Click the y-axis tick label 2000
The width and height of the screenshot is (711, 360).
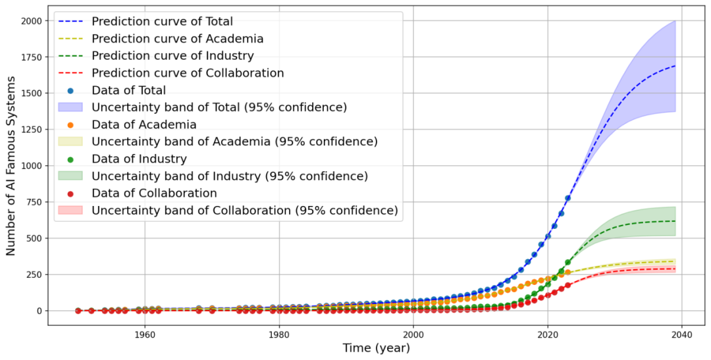(31, 21)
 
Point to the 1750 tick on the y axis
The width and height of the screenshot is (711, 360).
(31, 57)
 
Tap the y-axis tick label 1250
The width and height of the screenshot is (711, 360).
(31, 130)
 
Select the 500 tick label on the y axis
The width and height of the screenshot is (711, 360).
(34, 238)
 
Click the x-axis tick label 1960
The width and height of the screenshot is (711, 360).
(144, 334)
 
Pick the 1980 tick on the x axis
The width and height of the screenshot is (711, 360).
(278, 334)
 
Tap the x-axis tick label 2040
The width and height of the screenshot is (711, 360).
(681, 334)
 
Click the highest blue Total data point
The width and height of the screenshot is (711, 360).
(567, 198)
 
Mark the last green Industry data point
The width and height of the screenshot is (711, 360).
(567, 263)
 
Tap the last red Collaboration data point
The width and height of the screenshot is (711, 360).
(567, 286)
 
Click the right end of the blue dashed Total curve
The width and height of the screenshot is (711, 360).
(675, 66)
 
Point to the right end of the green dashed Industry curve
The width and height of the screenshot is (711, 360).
(675, 221)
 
